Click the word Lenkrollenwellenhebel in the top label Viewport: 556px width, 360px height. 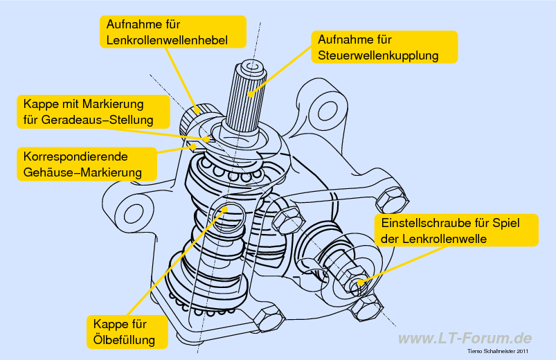[x=167, y=40]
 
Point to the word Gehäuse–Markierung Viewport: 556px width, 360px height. [x=82, y=172]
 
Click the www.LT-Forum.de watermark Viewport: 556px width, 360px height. [x=465, y=339]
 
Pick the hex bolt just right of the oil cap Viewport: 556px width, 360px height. [x=287, y=220]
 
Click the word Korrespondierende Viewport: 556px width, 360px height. [x=75, y=156]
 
